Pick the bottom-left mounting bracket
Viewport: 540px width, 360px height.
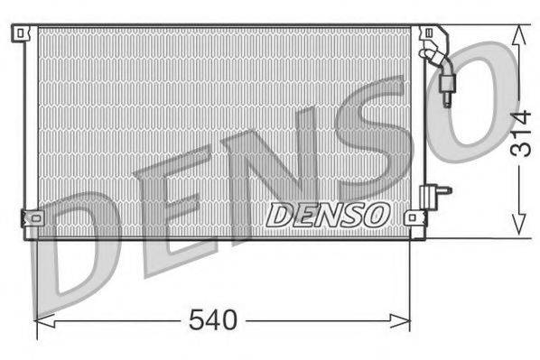(30, 218)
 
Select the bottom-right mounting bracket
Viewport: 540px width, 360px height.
(414, 217)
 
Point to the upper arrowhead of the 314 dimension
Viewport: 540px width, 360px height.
(517, 33)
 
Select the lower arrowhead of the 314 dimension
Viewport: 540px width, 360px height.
(517, 230)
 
